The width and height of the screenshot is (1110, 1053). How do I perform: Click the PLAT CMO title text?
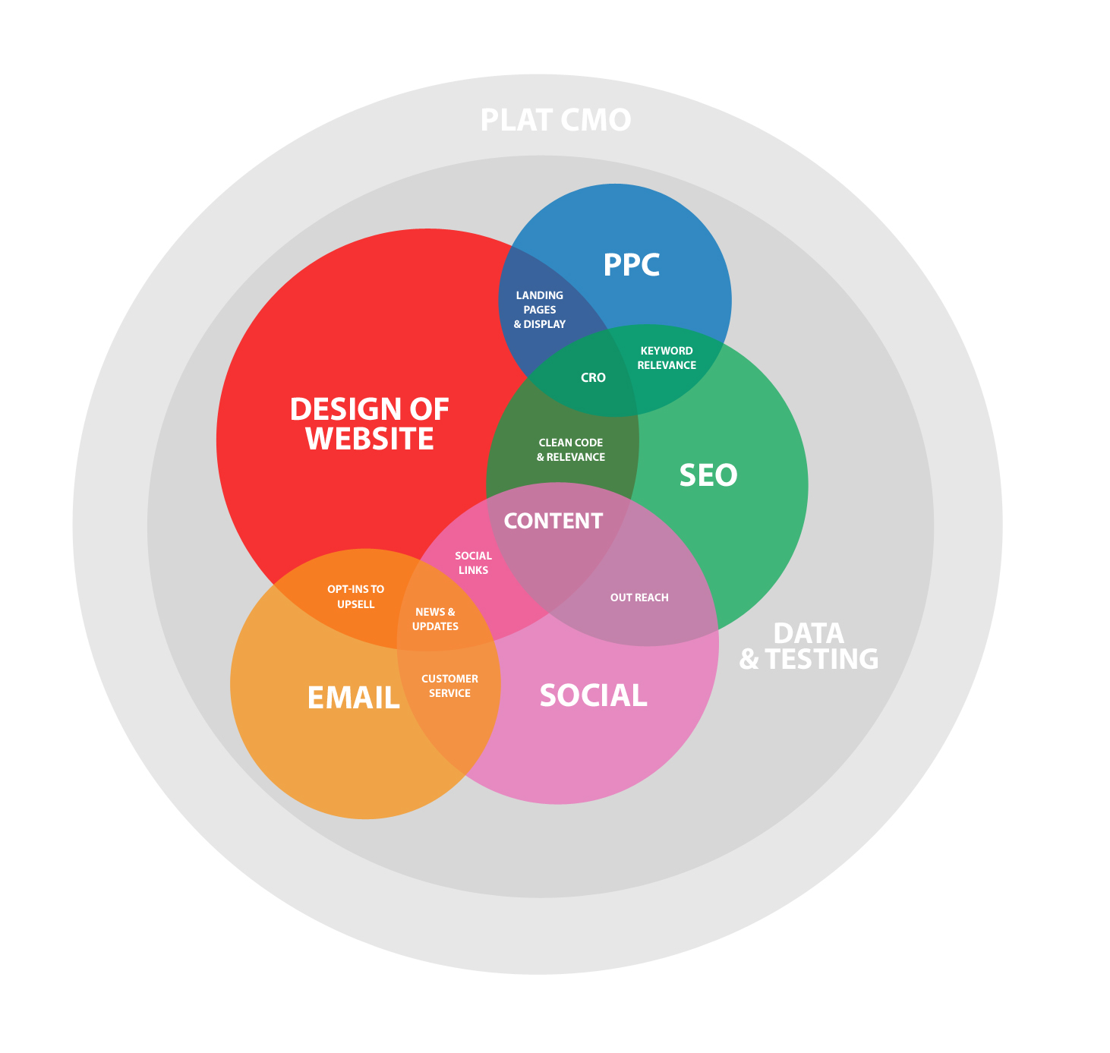click(x=556, y=120)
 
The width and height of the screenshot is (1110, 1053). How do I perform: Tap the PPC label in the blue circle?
click(x=631, y=264)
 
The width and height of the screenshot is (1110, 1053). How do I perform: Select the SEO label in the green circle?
click(x=708, y=474)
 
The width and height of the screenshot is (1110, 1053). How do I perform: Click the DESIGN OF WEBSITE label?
click(x=369, y=424)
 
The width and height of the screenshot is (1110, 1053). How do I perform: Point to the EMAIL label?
click(x=354, y=698)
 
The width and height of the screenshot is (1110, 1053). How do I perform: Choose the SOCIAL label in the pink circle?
click(x=594, y=695)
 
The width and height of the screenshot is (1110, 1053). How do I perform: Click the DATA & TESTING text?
click(x=809, y=646)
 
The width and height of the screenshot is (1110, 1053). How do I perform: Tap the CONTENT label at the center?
click(x=553, y=521)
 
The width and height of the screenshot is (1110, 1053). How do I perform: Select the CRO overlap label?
click(x=593, y=377)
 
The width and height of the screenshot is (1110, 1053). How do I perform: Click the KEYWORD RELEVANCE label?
click(x=666, y=358)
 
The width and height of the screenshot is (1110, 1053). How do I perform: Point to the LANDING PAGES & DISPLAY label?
click(x=539, y=310)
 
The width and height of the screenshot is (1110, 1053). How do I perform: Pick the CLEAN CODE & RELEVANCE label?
click(x=570, y=449)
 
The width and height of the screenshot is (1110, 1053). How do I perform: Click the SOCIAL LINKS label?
click(x=473, y=563)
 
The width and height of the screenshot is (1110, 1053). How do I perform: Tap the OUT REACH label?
click(x=639, y=597)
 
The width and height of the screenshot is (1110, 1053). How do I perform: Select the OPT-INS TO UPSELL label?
click(x=355, y=596)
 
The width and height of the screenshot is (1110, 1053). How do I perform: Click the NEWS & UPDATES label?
click(x=435, y=619)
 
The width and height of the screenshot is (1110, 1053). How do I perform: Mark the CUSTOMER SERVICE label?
click(x=449, y=686)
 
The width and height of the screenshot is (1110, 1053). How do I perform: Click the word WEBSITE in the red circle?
click(x=370, y=438)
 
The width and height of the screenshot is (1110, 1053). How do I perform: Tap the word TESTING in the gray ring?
click(x=821, y=659)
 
